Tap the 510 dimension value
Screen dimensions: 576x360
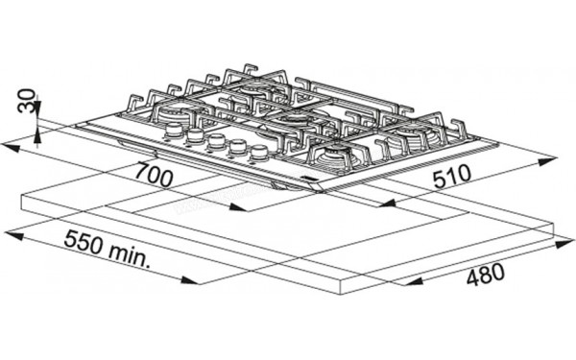(452, 177)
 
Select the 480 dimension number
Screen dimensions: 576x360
(486, 274)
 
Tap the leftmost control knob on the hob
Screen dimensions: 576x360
(174, 130)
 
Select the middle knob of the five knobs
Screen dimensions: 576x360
(216, 142)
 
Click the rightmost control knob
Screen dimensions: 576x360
(259, 153)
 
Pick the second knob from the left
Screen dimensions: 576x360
(195, 136)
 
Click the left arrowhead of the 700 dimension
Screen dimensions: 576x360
(10, 147)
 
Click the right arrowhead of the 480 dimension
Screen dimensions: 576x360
(565, 244)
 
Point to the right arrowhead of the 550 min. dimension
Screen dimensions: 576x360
(189, 280)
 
